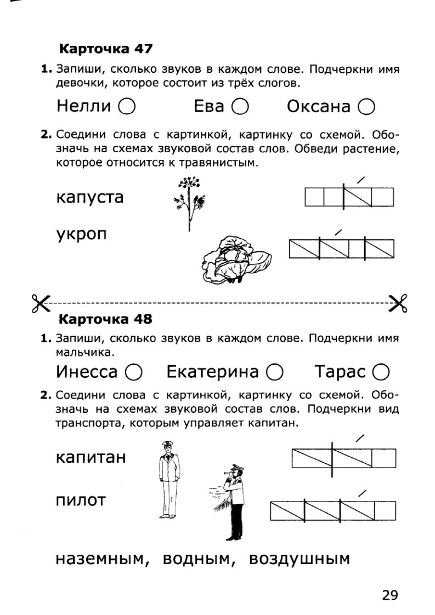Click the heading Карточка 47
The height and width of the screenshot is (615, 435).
coord(105,49)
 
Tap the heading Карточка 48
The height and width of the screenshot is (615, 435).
coord(105,318)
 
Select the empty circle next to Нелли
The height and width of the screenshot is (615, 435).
coord(127,106)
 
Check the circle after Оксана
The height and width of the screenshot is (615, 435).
coord(366,106)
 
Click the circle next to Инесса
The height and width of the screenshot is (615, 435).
coord(134,372)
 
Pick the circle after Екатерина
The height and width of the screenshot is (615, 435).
coord(275,372)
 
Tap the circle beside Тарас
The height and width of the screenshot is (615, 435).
coord(381,372)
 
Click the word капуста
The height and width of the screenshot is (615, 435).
coord(89,198)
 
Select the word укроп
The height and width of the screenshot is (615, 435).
coord(82,234)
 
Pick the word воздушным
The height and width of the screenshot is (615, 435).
coord(299,559)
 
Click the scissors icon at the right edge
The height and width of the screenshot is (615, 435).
coord(397,302)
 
